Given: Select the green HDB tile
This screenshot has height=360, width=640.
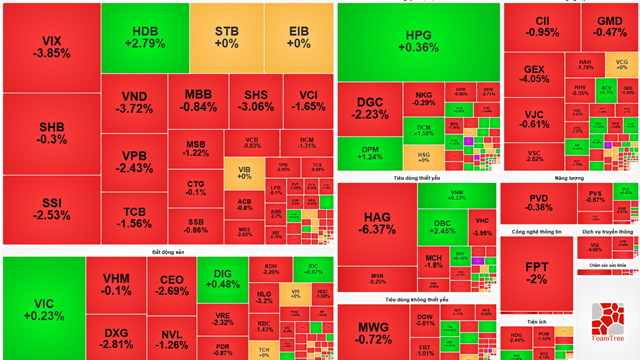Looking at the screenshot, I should click(144, 37).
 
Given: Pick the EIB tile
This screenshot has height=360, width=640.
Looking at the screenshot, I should click(297, 37).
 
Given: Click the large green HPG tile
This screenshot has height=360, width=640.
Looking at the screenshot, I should click(417, 40).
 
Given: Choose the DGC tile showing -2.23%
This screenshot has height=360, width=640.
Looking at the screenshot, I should click(369, 108).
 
